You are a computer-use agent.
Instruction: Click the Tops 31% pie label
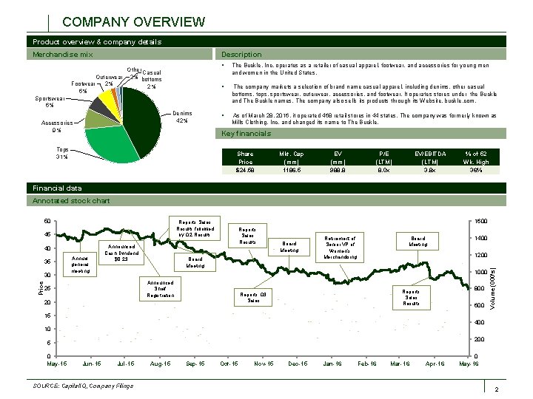coord(57,153)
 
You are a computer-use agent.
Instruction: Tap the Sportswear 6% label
coord(50,100)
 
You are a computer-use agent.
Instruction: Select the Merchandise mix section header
coord(64,54)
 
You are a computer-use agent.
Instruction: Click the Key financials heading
coord(247,134)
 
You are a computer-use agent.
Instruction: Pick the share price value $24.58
coord(246,170)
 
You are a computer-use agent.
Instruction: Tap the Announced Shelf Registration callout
coord(160,288)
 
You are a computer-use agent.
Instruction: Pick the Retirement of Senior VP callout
coord(341,248)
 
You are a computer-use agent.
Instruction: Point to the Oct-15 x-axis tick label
coord(229,364)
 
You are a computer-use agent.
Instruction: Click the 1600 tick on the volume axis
coord(481,222)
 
